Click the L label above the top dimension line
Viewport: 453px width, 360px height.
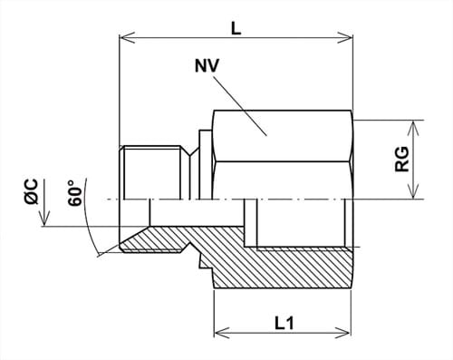[x=236, y=28]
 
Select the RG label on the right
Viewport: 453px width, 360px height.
[x=404, y=160]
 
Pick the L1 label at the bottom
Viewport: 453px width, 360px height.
[x=283, y=320]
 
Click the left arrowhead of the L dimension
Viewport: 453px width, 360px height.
[x=125, y=38]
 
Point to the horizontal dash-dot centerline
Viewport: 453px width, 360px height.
[x=272, y=199]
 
